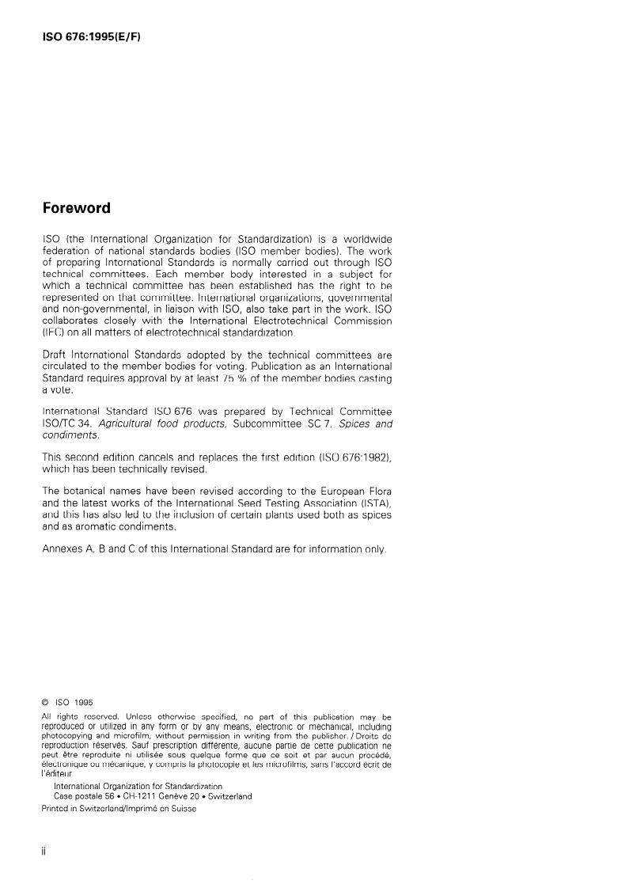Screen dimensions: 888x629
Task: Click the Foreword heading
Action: tap(76, 209)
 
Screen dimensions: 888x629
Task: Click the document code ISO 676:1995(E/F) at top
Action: tap(91, 37)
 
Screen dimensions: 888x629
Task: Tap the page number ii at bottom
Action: tap(44, 854)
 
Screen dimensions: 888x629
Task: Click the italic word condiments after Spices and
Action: tap(70, 435)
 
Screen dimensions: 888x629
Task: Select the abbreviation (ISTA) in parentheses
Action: tap(370, 503)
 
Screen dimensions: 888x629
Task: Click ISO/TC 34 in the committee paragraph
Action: tap(64, 423)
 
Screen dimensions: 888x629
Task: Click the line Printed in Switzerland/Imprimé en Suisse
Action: tap(119, 809)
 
